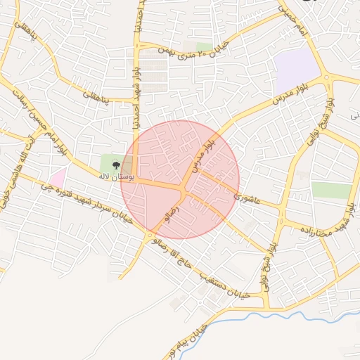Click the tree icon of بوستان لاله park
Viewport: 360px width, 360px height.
(115, 165)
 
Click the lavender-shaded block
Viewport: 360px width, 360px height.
(297, 71)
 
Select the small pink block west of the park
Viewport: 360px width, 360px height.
(58, 177)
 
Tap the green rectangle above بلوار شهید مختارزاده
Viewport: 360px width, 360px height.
(331, 190)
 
